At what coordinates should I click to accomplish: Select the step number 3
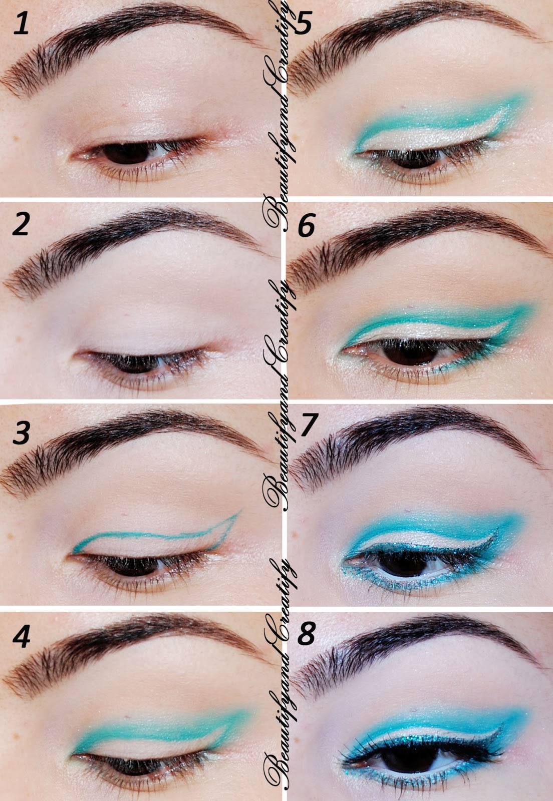[x=22, y=432]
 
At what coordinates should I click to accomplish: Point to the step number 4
[x=21, y=636]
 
